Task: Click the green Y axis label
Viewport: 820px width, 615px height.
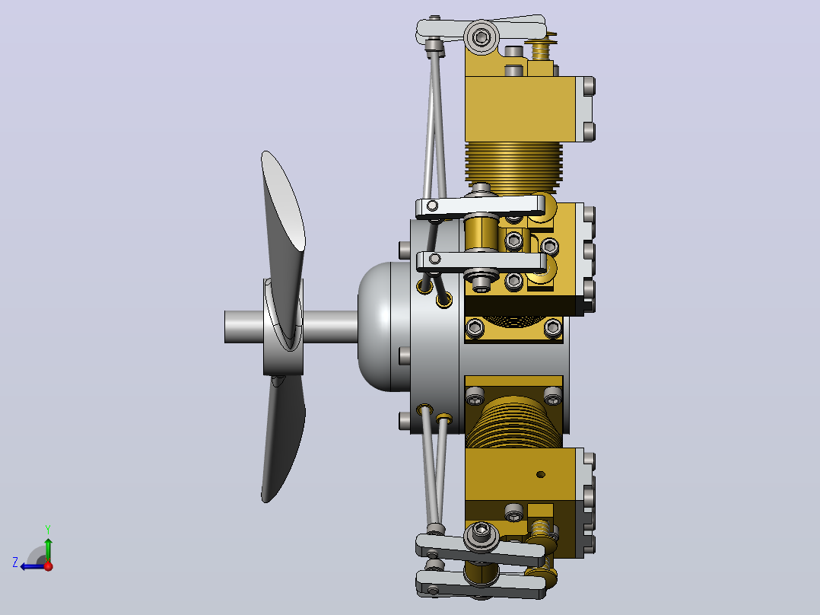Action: click(48, 529)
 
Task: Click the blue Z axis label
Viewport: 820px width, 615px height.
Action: click(15, 562)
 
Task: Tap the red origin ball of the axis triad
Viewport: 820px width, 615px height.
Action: click(49, 566)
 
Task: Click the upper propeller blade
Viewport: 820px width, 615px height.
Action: click(284, 209)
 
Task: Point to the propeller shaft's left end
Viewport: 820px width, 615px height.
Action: click(225, 327)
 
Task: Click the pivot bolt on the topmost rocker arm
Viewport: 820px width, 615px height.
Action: click(481, 37)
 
